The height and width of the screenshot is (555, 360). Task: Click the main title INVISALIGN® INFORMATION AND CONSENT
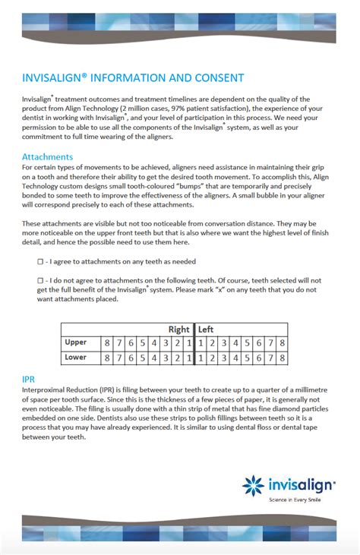click(133, 78)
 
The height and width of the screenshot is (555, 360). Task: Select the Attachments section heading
click(47, 157)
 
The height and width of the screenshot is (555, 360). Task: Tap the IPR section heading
click(30, 377)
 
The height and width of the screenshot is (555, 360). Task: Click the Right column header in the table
click(179, 330)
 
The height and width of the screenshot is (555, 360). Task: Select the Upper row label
click(77, 343)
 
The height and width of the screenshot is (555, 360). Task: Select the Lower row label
click(77, 358)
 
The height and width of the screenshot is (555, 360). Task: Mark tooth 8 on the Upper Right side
click(108, 343)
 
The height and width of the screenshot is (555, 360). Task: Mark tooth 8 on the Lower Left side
click(282, 358)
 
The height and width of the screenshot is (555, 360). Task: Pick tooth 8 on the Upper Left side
click(282, 343)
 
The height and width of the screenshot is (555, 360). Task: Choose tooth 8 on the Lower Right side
click(108, 358)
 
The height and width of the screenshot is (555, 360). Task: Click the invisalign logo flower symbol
click(253, 485)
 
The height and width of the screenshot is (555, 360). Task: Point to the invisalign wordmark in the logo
click(299, 486)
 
